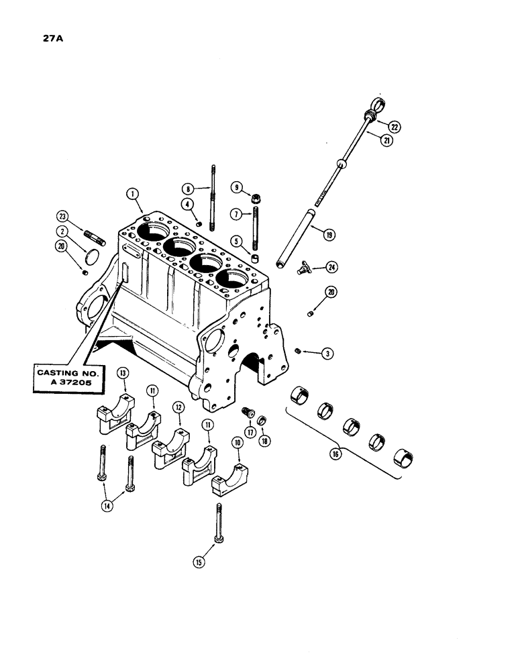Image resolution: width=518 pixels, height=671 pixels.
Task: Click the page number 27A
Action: tap(45, 38)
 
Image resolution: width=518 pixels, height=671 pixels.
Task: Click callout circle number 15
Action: tap(199, 562)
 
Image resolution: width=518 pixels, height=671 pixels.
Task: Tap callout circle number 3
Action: tap(328, 353)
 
